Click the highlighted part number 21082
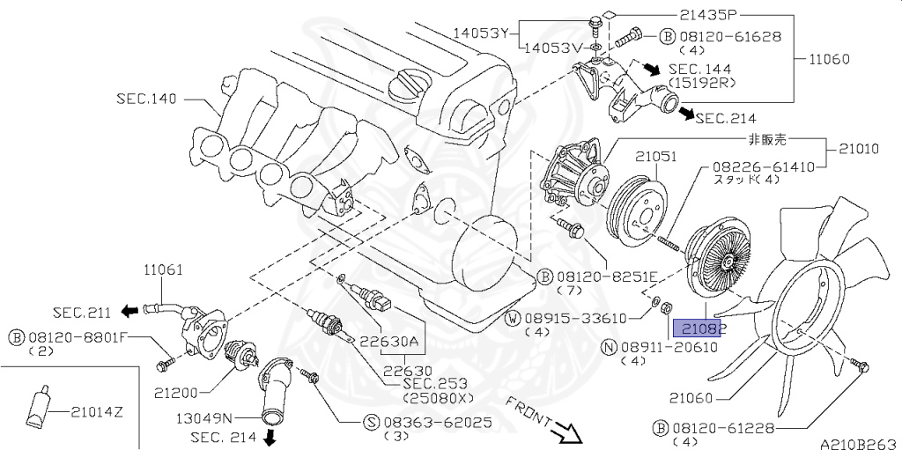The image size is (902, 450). coord(699,328)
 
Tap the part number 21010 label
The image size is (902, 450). coord(858,150)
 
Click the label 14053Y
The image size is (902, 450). coord(481,33)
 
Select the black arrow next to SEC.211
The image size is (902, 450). coord(129,311)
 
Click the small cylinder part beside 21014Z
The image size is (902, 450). coord(39,406)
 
